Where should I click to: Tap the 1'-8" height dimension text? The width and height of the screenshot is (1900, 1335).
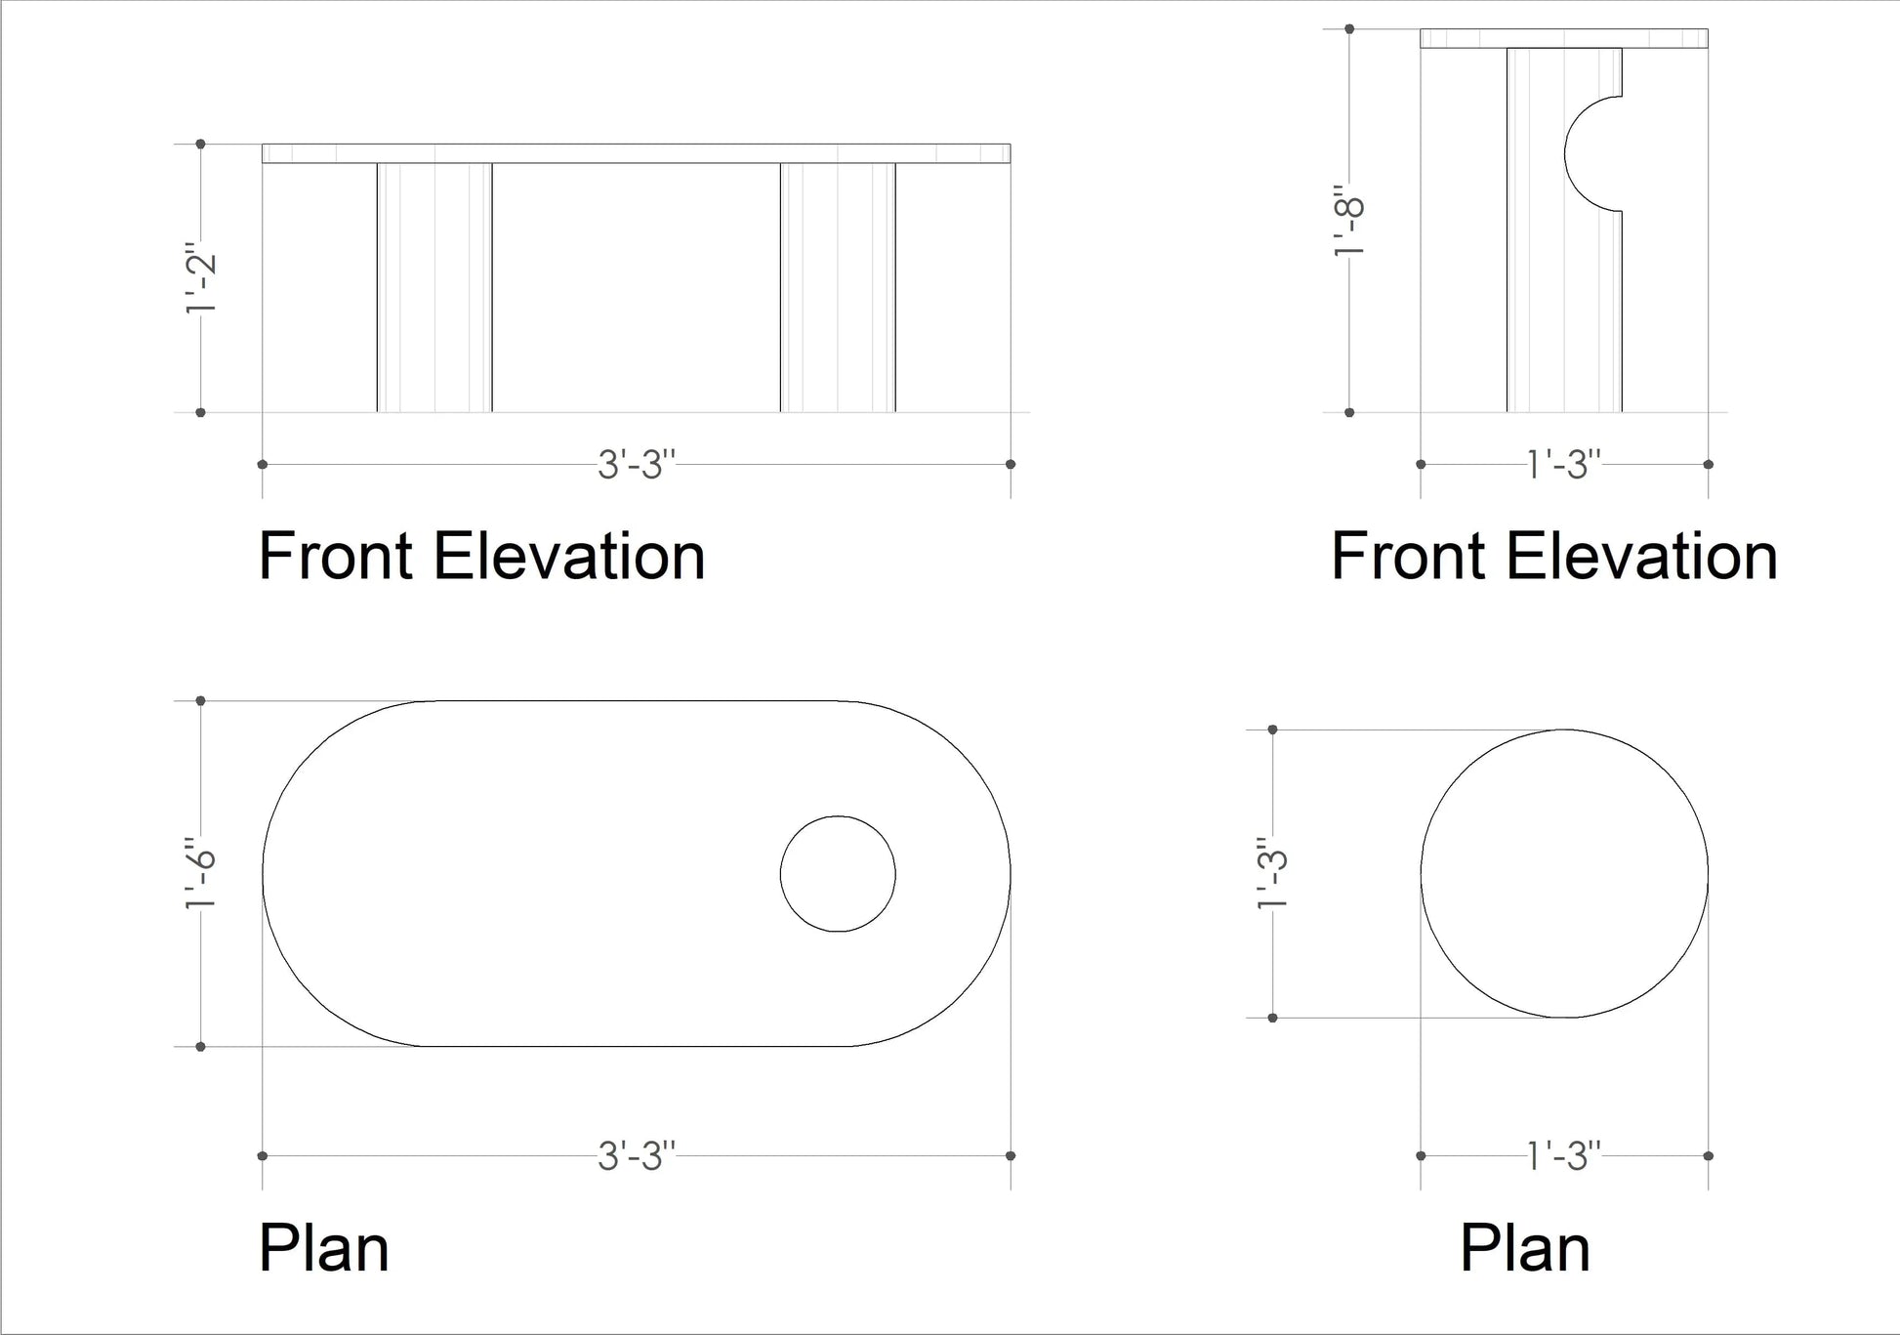[1349, 221]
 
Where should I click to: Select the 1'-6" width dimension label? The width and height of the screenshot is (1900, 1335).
[200, 872]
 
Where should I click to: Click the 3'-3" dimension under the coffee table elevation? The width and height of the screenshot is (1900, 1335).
[637, 465]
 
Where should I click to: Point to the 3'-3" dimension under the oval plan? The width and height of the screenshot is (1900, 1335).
[637, 1156]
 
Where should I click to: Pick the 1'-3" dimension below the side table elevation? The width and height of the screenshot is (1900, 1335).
[1564, 465]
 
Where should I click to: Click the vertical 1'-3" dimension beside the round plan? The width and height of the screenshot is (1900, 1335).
[1272, 872]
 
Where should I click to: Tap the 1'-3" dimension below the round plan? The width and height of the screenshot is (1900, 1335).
[1564, 1156]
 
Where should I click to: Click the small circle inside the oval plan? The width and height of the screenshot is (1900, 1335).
[838, 873]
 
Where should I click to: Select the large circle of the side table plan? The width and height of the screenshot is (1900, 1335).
[1564, 873]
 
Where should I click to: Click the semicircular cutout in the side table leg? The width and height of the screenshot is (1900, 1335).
[1593, 153]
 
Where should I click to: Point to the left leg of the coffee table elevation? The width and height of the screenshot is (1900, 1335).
[434, 287]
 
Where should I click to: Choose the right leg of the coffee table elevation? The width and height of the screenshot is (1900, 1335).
[838, 287]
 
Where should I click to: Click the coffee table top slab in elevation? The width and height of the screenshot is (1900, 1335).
[637, 153]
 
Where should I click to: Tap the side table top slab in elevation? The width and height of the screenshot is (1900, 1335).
[1564, 38]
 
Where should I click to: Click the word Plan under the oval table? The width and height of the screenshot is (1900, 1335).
[324, 1248]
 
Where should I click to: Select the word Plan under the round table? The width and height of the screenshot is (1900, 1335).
[1525, 1248]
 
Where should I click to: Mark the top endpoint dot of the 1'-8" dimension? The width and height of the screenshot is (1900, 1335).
[1349, 29]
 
